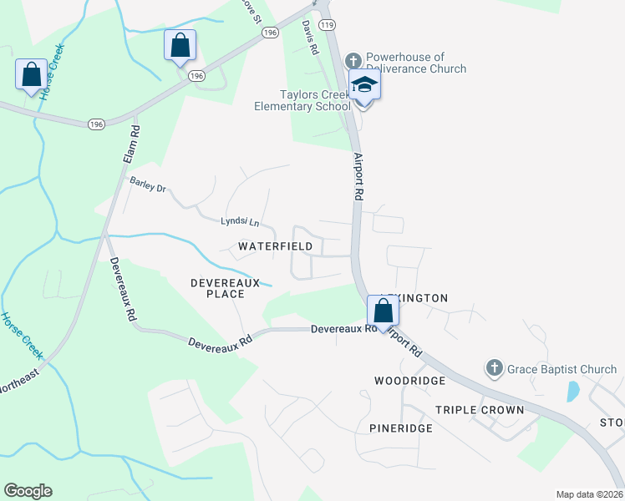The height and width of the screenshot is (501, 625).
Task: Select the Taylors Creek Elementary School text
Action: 302,100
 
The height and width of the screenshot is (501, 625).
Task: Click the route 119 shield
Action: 327,26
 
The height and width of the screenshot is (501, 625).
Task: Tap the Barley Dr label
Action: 147,184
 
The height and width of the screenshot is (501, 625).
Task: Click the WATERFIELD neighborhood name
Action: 275,246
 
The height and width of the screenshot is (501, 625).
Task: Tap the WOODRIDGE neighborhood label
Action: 407,380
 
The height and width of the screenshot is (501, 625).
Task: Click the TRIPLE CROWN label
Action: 479,410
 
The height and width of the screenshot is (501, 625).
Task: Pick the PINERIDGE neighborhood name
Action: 400,428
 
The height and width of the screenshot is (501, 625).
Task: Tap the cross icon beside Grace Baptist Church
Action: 494,368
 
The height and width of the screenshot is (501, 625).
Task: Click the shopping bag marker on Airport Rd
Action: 383,312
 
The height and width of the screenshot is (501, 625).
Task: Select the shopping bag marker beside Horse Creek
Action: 31,75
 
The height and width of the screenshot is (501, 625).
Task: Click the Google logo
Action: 28,491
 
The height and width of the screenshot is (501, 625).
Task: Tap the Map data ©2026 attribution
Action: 588,493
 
